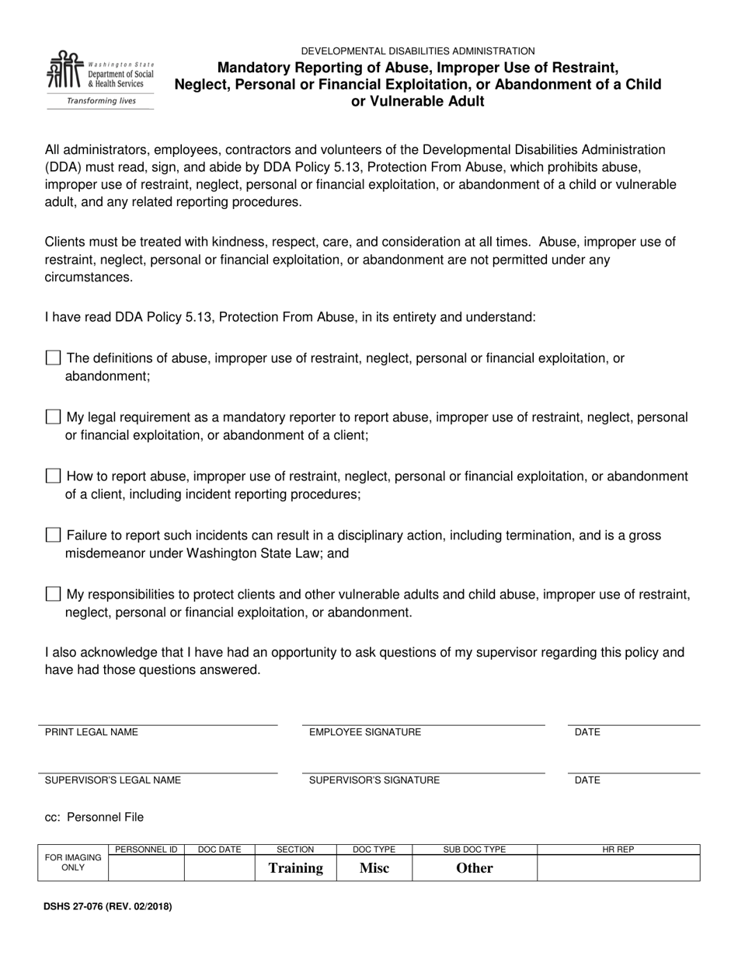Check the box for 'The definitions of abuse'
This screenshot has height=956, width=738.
[53, 358]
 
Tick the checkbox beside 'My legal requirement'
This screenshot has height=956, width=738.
[53, 417]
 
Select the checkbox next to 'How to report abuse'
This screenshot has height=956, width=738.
[53, 476]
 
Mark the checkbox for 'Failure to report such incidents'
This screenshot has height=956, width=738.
[53, 536]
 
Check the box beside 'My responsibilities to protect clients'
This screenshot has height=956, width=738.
[53, 595]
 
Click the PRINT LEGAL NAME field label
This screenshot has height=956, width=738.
[92, 732]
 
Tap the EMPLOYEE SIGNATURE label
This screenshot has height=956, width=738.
[365, 732]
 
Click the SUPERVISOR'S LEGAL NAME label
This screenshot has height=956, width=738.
[113, 780]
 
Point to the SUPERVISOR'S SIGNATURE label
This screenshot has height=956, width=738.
[374, 780]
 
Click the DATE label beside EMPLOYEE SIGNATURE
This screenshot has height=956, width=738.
[587, 732]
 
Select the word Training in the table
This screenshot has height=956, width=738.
[295, 868]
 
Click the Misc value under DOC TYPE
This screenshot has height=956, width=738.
[374, 868]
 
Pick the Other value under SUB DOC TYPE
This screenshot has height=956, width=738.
[474, 868]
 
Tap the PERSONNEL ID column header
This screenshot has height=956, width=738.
[146, 850]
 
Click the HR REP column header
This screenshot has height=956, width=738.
[618, 850]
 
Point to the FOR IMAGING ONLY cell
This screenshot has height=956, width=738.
[73, 863]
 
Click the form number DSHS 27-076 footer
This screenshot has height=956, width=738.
[108, 906]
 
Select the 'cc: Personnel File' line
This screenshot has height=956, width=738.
[94, 817]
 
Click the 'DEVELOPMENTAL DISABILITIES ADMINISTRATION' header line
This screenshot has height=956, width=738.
[418, 51]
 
